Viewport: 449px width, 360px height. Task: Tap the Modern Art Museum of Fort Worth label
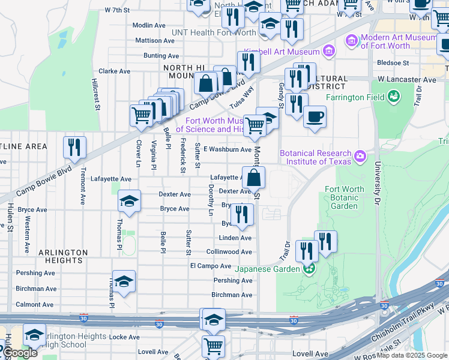coord(397,41)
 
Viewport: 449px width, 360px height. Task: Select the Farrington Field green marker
coord(394,96)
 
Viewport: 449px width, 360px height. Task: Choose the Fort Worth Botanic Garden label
coord(345,197)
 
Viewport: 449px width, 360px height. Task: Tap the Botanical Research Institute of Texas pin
coord(360,156)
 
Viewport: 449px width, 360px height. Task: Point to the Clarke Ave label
coord(114,71)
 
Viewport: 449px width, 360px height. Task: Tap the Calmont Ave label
coord(35,305)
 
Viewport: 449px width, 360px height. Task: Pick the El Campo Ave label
coord(211,266)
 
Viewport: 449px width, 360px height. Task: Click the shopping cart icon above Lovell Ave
coord(213,346)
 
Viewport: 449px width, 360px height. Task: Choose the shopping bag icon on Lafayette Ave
coord(254,177)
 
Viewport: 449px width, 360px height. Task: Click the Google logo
coord(20,353)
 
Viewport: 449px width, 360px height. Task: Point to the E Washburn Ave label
coord(227,149)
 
